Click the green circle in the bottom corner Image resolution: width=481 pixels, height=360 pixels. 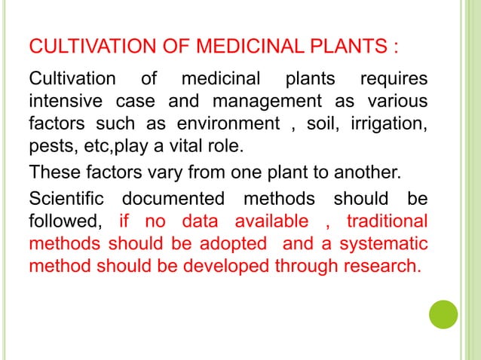[443, 315]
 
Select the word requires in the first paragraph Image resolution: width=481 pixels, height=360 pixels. [393, 81]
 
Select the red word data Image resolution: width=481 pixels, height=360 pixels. [200, 222]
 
